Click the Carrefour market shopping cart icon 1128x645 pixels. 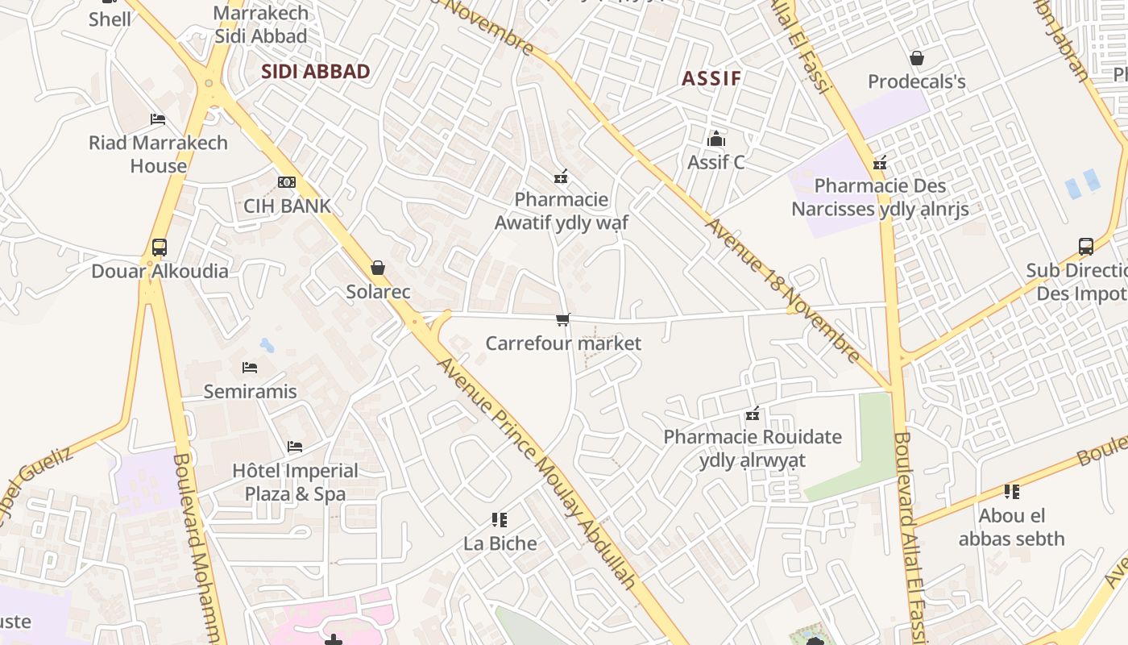[x=563, y=320]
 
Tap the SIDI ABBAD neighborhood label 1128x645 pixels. [x=316, y=72]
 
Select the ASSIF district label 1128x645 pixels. [x=711, y=78]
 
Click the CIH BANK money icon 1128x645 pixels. [x=287, y=182]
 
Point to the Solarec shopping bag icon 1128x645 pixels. [x=378, y=268]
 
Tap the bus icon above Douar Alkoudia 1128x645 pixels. [x=160, y=248]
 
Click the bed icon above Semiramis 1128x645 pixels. [x=250, y=368]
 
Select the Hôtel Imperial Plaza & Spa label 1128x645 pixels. [x=295, y=482]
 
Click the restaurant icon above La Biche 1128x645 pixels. [x=500, y=520]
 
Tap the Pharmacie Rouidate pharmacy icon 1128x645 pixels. [x=753, y=414]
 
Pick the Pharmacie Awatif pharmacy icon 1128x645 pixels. [x=561, y=176]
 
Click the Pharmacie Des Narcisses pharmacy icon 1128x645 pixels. [x=880, y=163]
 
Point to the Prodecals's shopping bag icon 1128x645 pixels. [x=916, y=58]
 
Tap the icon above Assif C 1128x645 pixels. [x=715, y=139]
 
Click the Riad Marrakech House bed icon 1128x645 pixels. [x=158, y=119]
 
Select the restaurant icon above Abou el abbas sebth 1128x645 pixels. [x=1012, y=491]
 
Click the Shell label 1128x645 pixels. [x=110, y=19]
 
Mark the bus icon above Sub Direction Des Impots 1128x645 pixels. [x=1085, y=247]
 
